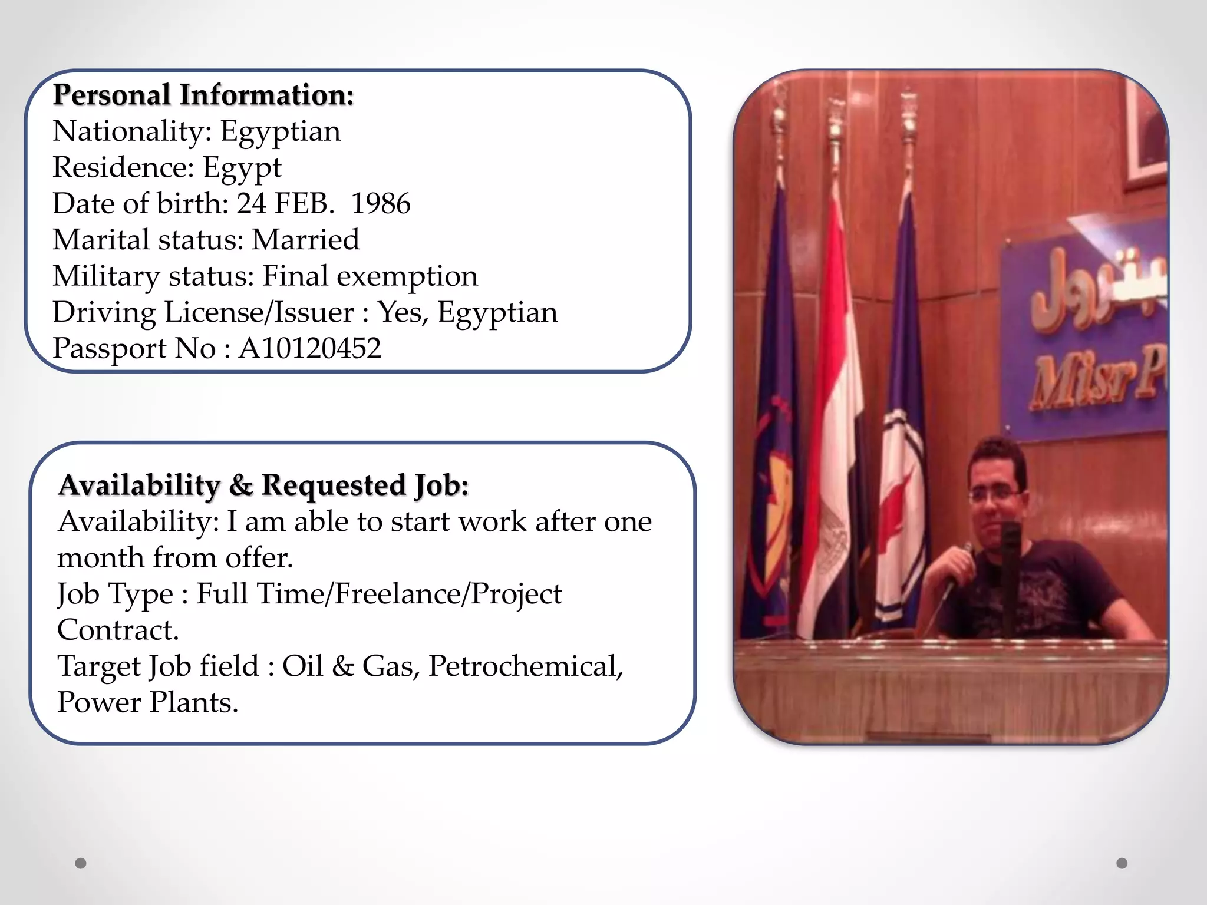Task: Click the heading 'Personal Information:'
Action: (x=203, y=95)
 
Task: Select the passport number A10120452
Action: (x=309, y=348)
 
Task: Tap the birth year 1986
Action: (x=381, y=204)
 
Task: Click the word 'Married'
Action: (x=305, y=240)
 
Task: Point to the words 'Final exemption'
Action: (x=370, y=276)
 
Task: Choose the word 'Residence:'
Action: (x=123, y=167)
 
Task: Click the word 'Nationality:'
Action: (x=132, y=131)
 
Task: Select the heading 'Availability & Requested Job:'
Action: (x=263, y=485)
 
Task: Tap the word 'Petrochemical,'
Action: (x=525, y=666)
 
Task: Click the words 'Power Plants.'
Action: (x=147, y=702)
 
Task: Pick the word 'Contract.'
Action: (x=118, y=630)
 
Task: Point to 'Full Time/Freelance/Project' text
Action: (x=379, y=594)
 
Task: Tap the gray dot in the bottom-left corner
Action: (x=81, y=863)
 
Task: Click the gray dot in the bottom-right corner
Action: (x=1122, y=863)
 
